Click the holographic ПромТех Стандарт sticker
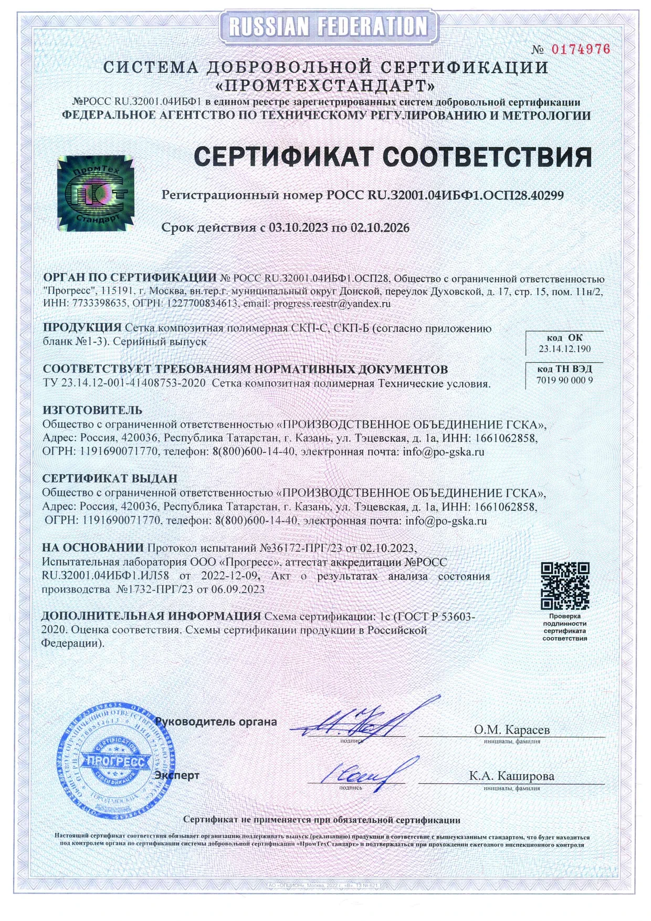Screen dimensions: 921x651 tap(95, 193)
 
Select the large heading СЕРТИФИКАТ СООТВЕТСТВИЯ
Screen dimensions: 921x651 tap(393, 156)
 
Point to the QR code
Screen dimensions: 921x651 tap(565, 585)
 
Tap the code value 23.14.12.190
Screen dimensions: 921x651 tap(564, 349)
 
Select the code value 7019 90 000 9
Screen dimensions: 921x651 tap(564, 380)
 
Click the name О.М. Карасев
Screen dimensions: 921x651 tap(512, 729)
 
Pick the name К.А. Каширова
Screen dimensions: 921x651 tap(511, 776)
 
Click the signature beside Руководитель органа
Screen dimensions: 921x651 tap(362, 720)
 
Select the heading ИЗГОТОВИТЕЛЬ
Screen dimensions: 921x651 tap(92, 410)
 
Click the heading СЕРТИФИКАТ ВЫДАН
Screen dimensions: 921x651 tap(110, 478)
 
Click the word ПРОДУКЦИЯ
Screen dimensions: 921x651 tap(82, 328)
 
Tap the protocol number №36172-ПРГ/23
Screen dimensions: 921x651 tap(301, 548)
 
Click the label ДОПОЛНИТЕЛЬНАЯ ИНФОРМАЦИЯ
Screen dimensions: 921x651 tap(151, 616)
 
